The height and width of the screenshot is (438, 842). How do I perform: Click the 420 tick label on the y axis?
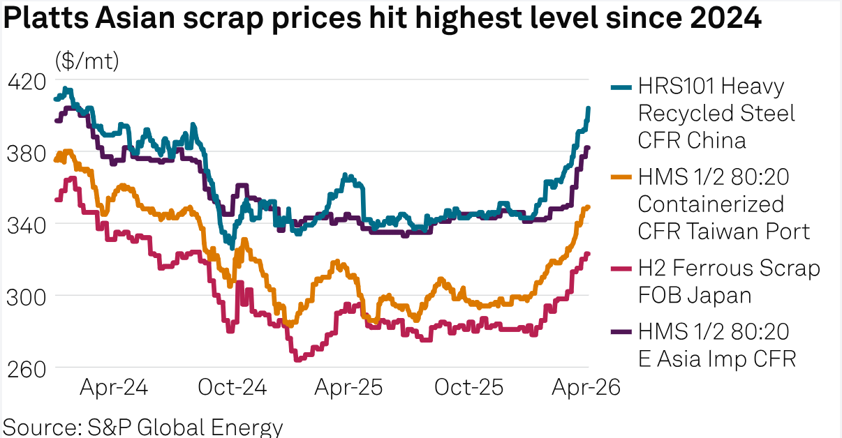coord(25,82)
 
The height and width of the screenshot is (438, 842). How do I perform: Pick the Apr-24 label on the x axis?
coord(113,388)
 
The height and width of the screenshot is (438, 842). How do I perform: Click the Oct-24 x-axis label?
coord(233,388)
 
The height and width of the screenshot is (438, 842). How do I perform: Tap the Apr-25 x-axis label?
coord(348,388)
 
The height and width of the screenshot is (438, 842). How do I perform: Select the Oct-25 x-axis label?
coord(468,388)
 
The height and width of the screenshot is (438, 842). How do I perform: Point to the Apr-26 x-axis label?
coord(586,388)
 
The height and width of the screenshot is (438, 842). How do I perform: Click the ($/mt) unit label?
coord(87,61)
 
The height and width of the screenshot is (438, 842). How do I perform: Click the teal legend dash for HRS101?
coord(621,87)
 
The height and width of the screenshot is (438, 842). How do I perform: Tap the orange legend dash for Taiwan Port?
coord(621,178)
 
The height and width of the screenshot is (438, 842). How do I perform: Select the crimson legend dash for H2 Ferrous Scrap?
coord(621,269)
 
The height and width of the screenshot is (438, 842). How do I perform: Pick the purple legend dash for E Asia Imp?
coord(621,332)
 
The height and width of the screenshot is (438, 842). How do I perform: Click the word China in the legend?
coord(717,140)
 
